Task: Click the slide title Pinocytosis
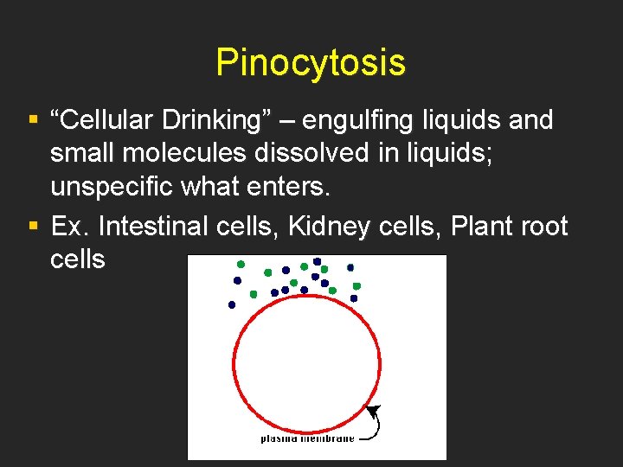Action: (311, 62)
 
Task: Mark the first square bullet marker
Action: (33, 120)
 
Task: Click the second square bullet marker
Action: (33, 227)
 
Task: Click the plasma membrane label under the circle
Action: (307, 438)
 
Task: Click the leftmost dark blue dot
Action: (232, 304)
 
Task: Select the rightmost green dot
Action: (356, 285)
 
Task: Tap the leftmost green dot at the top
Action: (241, 264)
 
